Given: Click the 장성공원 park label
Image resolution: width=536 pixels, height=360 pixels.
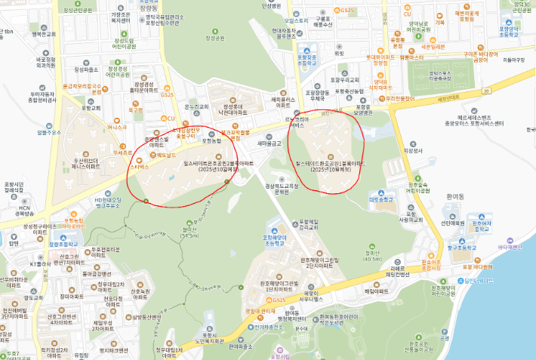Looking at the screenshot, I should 214,37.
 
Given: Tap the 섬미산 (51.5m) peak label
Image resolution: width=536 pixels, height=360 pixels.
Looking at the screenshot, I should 189,232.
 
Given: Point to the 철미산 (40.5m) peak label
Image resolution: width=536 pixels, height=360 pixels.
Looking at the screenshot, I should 372,256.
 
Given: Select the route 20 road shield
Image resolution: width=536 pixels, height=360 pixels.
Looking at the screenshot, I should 488,90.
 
